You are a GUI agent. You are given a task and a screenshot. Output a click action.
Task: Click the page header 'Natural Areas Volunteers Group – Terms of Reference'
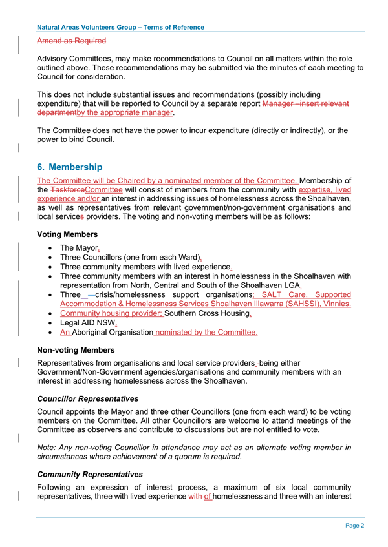click(121, 28)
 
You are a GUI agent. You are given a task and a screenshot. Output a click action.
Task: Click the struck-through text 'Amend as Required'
click(72, 41)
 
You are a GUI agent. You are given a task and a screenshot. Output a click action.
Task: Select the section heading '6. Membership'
click(70, 167)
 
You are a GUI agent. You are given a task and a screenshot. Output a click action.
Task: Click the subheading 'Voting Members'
click(68, 234)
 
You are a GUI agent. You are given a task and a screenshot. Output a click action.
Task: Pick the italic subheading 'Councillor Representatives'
click(88, 399)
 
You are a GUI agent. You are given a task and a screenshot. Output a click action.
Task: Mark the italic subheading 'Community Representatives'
click(90, 474)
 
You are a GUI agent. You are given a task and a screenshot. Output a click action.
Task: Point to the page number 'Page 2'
click(354, 526)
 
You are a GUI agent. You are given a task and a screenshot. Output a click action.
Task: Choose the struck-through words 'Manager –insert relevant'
click(306, 103)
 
